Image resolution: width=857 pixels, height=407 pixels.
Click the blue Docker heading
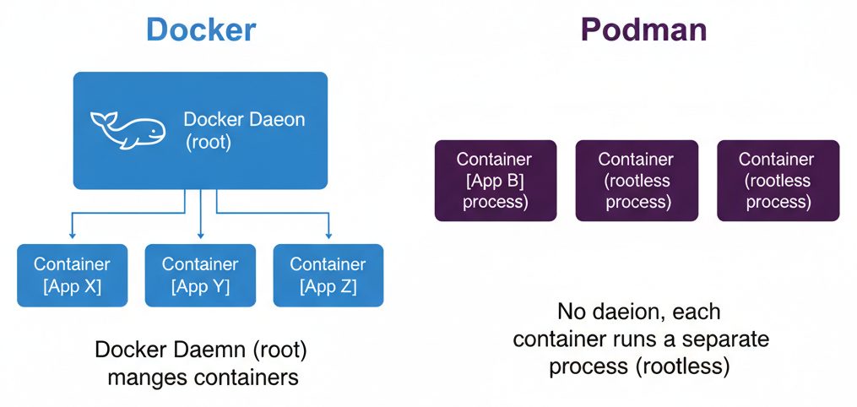click(201, 30)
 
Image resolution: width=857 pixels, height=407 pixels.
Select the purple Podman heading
click(643, 30)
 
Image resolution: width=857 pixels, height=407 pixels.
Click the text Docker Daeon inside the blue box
click(244, 119)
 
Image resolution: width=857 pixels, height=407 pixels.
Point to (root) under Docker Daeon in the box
click(209, 142)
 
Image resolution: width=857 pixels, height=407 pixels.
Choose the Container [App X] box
click(73, 275)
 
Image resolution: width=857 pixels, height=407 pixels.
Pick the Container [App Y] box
click(200, 275)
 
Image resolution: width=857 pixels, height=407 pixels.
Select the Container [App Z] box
click(328, 275)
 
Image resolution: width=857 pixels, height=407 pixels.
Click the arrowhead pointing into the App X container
click(73, 234)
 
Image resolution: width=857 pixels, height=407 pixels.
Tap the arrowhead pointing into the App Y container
click(200, 234)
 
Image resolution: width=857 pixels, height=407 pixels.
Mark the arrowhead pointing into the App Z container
click(328, 234)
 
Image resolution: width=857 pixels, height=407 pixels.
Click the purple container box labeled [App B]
click(495, 181)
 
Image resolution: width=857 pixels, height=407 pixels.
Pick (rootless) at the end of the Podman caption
click(683, 367)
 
